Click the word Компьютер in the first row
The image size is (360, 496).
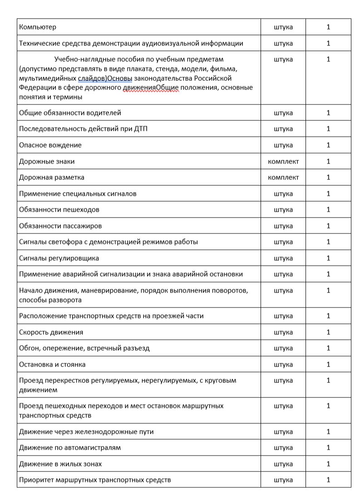38,27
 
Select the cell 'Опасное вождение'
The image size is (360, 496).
50,145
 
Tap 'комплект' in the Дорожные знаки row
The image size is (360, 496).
283,161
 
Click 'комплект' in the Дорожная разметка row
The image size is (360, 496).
283,178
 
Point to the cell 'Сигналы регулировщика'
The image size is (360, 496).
59,258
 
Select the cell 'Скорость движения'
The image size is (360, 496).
51,332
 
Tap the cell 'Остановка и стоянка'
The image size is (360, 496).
52,364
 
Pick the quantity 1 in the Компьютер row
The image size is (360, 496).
328,27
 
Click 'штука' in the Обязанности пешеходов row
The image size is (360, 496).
283,210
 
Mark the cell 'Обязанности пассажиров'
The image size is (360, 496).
60,226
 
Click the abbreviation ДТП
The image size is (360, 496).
140,129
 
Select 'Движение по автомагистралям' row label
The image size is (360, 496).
70,448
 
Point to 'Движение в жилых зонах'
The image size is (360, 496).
60,464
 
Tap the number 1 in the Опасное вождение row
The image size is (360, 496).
328,145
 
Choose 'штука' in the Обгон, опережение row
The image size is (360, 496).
283,348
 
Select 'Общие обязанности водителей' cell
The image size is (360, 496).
70,113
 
